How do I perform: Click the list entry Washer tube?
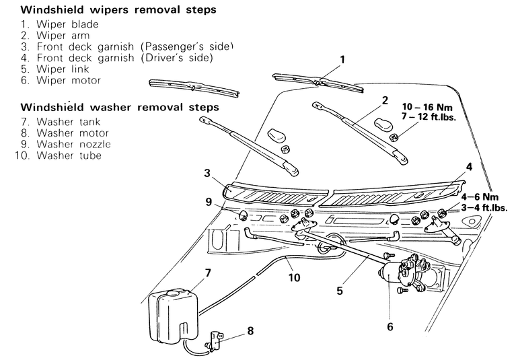coord(67,155)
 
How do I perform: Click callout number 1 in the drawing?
coord(342,60)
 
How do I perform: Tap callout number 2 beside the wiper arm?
coord(385,100)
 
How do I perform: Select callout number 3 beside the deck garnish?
coord(208,173)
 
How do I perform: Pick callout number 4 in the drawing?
coord(469,166)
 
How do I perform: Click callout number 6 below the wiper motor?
coord(389,327)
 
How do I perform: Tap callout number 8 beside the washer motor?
coord(250,330)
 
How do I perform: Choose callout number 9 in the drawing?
coord(209,201)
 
